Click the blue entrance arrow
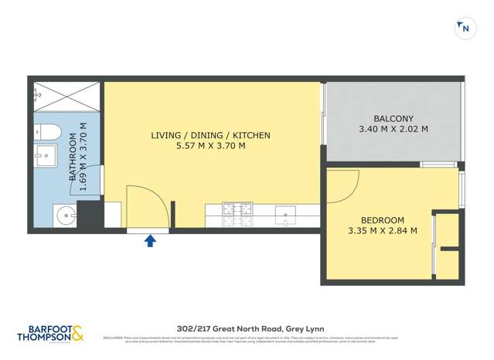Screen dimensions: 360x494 point(150,241)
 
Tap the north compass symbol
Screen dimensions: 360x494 point(465,29)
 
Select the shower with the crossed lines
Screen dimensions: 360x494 point(67,98)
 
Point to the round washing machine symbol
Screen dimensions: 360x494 point(64,216)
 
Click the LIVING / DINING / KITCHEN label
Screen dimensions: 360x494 point(210,135)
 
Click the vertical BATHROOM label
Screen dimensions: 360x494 point(73,156)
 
